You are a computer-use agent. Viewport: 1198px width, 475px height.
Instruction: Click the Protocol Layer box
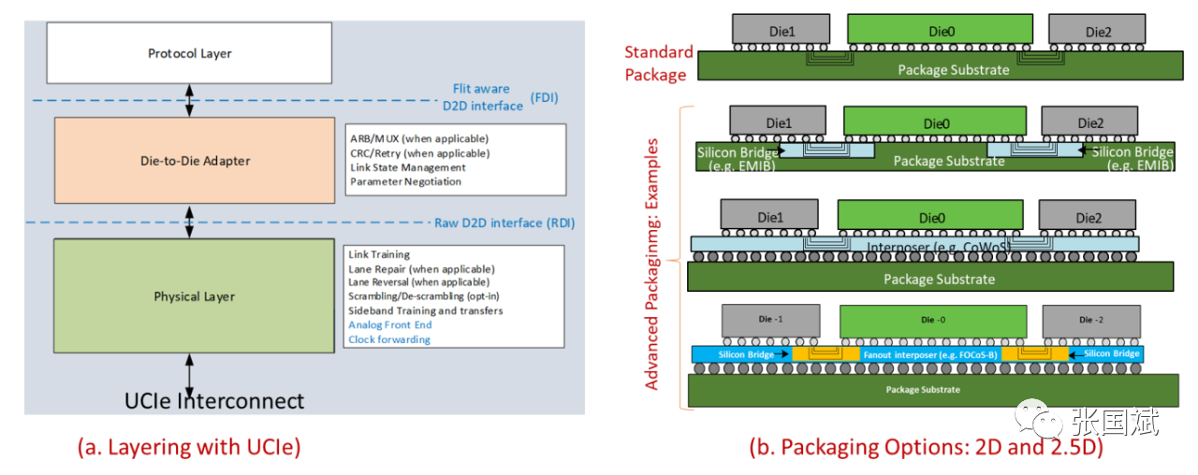click(x=189, y=53)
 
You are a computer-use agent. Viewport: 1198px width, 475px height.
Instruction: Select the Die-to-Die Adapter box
click(x=194, y=161)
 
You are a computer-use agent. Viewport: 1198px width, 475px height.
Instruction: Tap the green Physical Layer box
click(x=194, y=296)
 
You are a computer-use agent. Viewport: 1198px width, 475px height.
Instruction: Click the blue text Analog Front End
click(x=389, y=324)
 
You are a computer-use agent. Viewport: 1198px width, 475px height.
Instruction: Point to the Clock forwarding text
click(x=388, y=339)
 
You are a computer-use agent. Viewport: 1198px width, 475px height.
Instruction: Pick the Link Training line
click(x=378, y=254)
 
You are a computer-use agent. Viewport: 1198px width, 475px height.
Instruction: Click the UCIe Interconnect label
click(x=214, y=401)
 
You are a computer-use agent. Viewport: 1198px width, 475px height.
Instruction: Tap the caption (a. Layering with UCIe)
click(x=188, y=447)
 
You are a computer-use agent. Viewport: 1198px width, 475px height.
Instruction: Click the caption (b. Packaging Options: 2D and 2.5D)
click(x=926, y=447)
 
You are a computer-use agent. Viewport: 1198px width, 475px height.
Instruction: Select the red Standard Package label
click(x=658, y=63)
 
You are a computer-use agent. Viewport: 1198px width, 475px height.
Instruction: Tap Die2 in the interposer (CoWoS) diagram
click(x=1088, y=218)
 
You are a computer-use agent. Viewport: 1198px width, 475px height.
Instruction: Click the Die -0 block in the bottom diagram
click(x=928, y=321)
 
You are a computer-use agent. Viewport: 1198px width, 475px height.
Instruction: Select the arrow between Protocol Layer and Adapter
click(x=190, y=99)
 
